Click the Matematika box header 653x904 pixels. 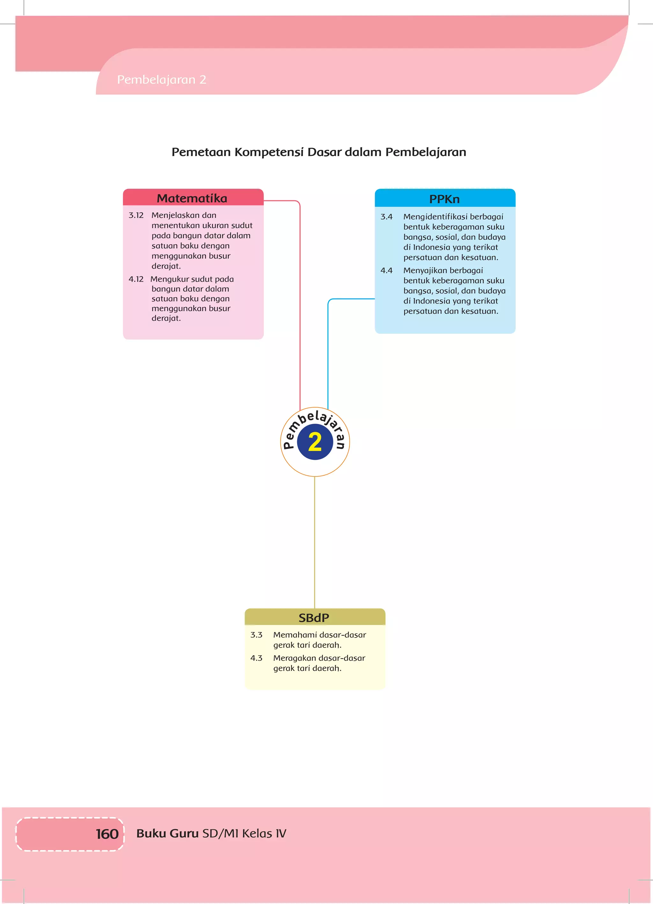(x=192, y=198)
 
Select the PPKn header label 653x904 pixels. (x=444, y=199)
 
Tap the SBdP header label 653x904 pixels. (x=314, y=618)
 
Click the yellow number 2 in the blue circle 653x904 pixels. (x=315, y=443)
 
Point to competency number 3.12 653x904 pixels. (x=136, y=215)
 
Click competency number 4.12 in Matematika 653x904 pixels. (x=136, y=279)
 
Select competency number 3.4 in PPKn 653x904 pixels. (x=386, y=217)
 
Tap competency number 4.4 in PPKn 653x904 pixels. (x=386, y=271)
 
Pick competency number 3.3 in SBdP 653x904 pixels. (x=256, y=635)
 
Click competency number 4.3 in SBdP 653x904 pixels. (x=256, y=658)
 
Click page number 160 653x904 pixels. (x=107, y=834)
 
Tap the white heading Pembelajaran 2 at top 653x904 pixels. (x=161, y=80)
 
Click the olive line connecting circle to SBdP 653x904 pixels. (x=314, y=542)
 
